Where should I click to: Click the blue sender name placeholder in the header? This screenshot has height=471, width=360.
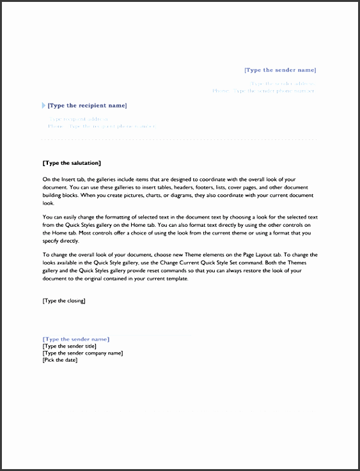click(x=280, y=70)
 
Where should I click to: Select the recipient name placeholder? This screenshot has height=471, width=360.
click(x=87, y=105)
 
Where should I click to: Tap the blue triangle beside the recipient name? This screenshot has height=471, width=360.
click(x=43, y=105)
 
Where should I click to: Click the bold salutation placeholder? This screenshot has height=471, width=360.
click(x=71, y=164)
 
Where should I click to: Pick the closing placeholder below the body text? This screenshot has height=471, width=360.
click(x=63, y=300)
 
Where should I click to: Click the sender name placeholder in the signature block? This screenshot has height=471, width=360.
click(x=75, y=339)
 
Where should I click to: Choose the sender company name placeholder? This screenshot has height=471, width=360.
click(x=82, y=353)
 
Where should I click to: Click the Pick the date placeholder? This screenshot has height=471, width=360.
click(x=59, y=360)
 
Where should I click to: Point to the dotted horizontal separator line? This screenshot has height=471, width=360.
click(x=179, y=139)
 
